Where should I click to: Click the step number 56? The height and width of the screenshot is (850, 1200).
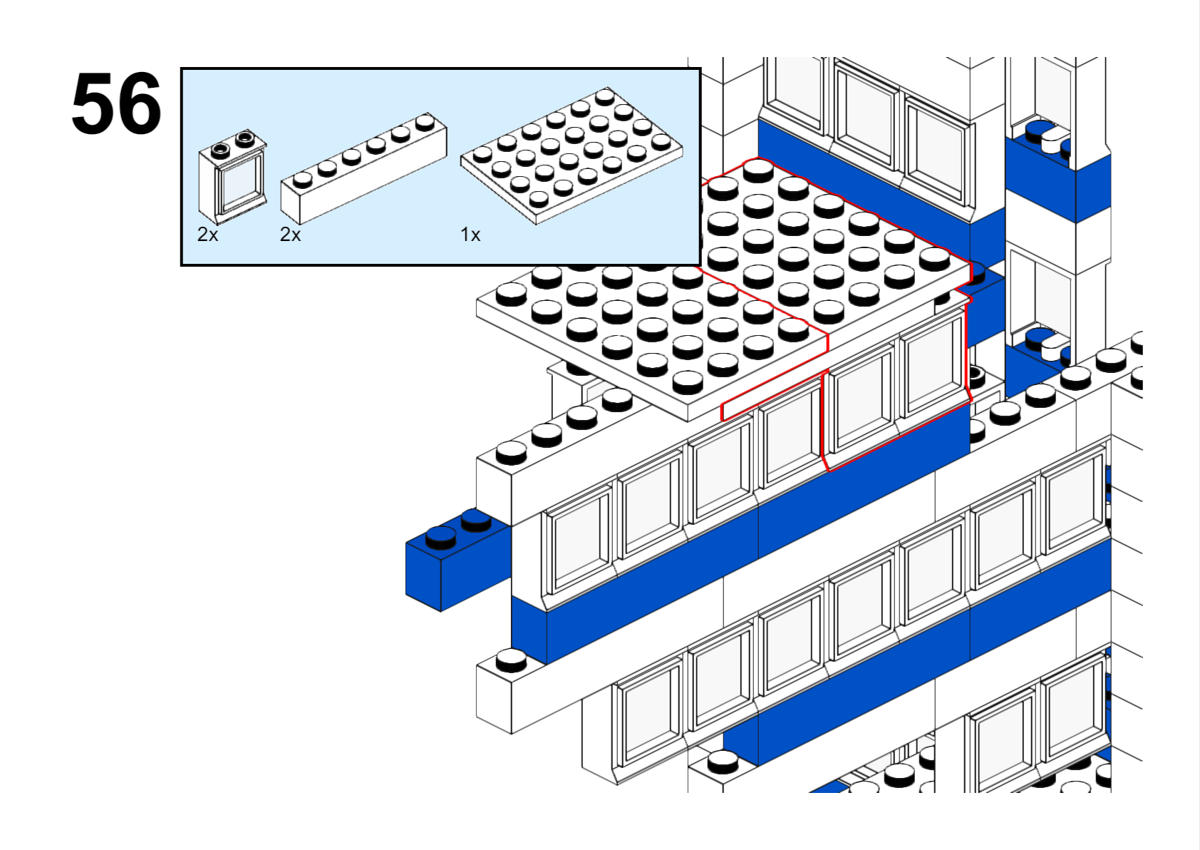pyautogui.click(x=116, y=104)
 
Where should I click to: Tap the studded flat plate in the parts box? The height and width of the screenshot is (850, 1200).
pyautogui.click(x=571, y=155)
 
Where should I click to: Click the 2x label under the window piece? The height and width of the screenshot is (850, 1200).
pyautogui.click(x=207, y=235)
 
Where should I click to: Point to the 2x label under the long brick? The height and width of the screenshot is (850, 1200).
pyautogui.click(x=290, y=235)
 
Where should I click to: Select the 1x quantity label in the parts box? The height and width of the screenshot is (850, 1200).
pyautogui.click(x=470, y=235)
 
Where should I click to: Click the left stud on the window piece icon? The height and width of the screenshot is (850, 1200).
pyautogui.click(x=220, y=149)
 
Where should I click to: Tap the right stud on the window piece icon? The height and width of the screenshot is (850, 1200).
pyautogui.click(x=244, y=137)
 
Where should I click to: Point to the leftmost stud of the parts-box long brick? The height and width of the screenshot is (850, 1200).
pyautogui.click(x=303, y=178)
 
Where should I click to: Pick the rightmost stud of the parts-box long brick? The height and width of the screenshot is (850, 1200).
pyautogui.click(x=425, y=121)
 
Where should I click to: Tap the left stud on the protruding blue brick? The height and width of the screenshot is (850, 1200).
pyautogui.click(x=440, y=536)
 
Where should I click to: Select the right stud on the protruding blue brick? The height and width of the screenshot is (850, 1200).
pyautogui.click(x=475, y=519)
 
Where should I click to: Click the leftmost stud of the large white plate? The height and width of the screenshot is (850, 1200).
pyautogui.click(x=511, y=293)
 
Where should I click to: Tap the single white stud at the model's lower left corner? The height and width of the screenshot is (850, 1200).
pyautogui.click(x=511, y=660)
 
